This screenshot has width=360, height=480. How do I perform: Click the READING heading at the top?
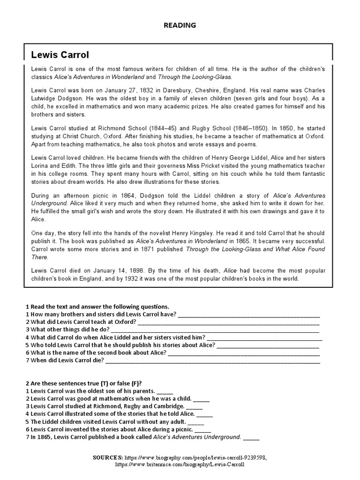[x=180, y=25]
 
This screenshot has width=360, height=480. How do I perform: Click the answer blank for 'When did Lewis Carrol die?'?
[x=213, y=361]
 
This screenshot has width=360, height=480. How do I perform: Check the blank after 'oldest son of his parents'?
[x=165, y=391]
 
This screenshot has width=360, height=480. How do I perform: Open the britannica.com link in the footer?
[x=180, y=464]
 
